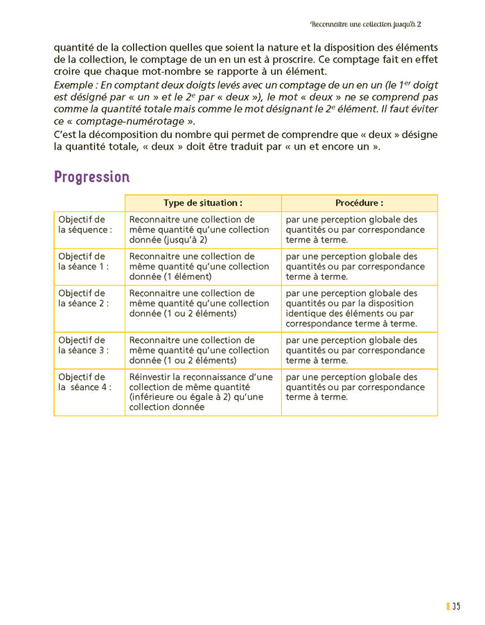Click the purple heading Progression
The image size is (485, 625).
click(91, 177)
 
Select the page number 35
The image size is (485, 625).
click(456, 606)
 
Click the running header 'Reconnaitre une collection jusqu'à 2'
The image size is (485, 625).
click(366, 24)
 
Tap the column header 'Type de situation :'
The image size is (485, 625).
click(202, 203)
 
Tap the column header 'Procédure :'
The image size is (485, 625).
click(359, 203)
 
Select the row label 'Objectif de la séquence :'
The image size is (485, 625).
click(85, 225)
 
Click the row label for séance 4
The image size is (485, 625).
click(85, 382)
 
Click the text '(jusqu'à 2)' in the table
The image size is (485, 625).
click(185, 240)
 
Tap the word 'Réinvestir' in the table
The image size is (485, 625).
click(150, 377)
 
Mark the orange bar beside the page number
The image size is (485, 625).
click(448, 606)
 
